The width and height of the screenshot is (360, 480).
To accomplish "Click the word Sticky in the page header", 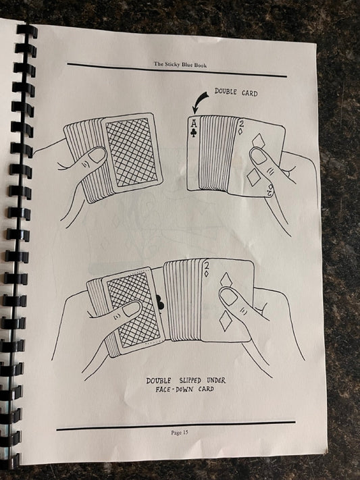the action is (x=173, y=64).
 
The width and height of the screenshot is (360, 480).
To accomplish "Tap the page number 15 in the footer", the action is (x=185, y=432).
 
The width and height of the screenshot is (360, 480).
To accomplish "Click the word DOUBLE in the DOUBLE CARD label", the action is (x=226, y=91).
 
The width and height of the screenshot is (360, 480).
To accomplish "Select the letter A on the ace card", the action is (x=194, y=124).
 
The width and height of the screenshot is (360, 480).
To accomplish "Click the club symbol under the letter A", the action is (x=194, y=132).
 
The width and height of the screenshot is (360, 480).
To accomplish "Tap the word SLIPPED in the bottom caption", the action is (x=190, y=381).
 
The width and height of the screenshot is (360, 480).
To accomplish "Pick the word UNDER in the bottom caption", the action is (x=216, y=380).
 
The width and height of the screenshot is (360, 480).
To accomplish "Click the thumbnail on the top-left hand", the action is (x=98, y=155).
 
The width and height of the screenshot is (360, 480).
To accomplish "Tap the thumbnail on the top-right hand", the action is (x=258, y=156).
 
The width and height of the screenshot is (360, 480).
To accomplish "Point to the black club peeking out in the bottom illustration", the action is (x=160, y=302).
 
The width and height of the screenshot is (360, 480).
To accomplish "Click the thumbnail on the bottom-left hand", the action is (x=131, y=309).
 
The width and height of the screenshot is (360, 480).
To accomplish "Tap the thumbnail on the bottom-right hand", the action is (x=228, y=296).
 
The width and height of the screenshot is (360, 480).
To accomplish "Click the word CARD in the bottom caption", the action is (x=206, y=389).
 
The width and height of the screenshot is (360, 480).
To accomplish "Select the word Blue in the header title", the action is (x=188, y=65).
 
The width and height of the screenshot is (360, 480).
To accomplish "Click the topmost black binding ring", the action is (x=27, y=30).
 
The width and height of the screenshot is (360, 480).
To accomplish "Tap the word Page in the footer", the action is (x=176, y=433).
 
